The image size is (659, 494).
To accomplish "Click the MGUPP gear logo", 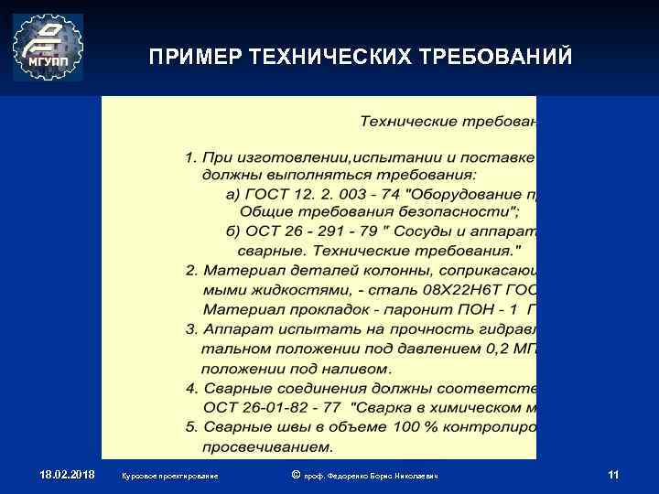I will point(48,48).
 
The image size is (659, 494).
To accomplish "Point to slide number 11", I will point(613,475).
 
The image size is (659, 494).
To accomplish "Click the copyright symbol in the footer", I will point(294,475).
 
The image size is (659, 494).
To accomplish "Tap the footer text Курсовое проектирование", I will point(169,477).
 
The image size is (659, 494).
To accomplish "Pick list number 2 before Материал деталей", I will point(190,271).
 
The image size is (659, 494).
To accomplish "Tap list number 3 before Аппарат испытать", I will point(190,328).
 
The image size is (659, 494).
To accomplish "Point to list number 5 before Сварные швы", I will point(190,427).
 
